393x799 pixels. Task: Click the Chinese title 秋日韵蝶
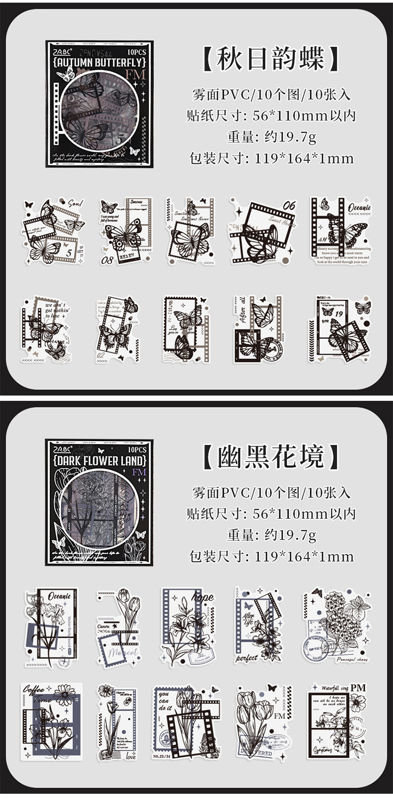click(x=271, y=59)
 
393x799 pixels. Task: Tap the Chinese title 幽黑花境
click(x=271, y=457)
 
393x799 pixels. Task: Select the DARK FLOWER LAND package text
click(x=99, y=461)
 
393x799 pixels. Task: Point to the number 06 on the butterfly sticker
click(x=289, y=205)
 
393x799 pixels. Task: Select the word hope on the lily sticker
click(x=203, y=597)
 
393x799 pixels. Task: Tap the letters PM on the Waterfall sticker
click(x=358, y=687)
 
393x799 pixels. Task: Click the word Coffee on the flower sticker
click(x=34, y=690)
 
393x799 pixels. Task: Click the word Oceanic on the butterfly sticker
click(x=359, y=207)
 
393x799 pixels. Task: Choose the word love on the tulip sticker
click(x=131, y=757)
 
